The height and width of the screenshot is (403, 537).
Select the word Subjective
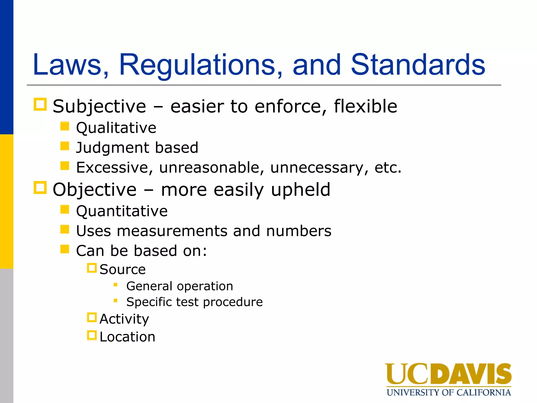[x=99, y=107]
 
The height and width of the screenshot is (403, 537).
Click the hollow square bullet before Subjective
[x=40, y=104]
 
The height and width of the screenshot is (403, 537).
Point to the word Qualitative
[x=116, y=128]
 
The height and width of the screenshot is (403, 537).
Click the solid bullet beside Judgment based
[x=65, y=146]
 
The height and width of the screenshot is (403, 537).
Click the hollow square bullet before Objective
[x=40, y=188]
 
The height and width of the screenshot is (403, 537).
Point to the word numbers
[x=299, y=231]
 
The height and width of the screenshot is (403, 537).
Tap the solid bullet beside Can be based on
[x=65, y=249]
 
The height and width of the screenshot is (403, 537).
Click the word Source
[x=122, y=269]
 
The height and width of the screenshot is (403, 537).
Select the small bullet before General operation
[x=115, y=284]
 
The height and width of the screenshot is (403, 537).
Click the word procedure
[x=233, y=302]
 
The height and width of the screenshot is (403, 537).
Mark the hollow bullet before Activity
[x=92, y=317]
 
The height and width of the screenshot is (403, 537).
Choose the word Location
[x=127, y=337]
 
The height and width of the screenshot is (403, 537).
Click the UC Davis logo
[x=448, y=379]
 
